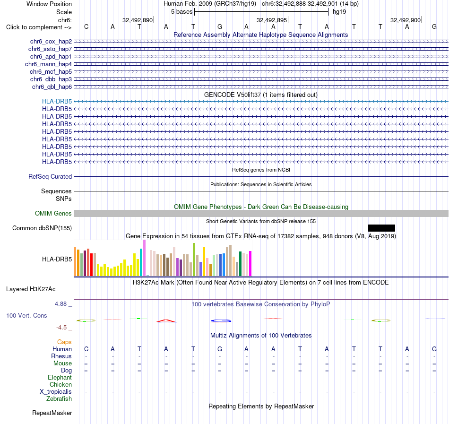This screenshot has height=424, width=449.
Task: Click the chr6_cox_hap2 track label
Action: [x=51, y=42]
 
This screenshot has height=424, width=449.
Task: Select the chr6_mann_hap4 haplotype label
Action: [x=48, y=64]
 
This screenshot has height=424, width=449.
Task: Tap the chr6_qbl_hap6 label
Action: [x=52, y=87]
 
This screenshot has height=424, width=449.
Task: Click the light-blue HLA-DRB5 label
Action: [x=57, y=101]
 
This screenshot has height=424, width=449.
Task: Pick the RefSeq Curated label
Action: [x=50, y=177]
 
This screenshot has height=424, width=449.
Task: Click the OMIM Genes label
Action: [x=53, y=214]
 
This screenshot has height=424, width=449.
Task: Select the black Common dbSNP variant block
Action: [x=381, y=228]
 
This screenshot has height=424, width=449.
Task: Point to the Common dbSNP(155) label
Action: [x=42, y=228]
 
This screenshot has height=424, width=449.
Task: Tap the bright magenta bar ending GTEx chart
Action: [x=250, y=264]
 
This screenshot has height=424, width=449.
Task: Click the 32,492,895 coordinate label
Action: [x=271, y=20]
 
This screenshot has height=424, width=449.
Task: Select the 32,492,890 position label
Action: [x=138, y=20]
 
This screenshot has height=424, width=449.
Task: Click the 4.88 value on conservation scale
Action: [x=60, y=304]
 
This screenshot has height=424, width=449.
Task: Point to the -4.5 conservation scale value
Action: [x=61, y=327]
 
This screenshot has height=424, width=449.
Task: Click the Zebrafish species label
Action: [x=59, y=398]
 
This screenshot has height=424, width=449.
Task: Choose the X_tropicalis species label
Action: [x=56, y=392]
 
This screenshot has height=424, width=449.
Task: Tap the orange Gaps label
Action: [x=64, y=342]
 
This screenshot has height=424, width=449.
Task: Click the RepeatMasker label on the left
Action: [x=52, y=413]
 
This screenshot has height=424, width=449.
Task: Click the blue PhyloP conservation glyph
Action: [x=221, y=320]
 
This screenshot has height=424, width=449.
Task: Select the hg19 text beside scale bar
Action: [x=339, y=12]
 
